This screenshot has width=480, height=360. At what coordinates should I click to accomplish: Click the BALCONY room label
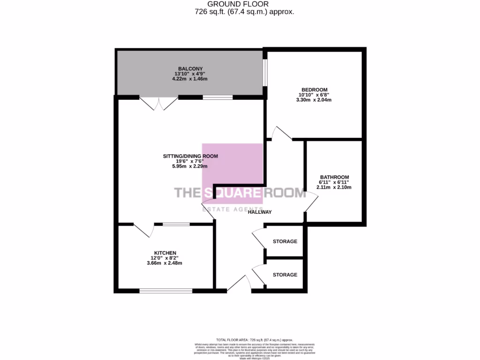coord(190,68)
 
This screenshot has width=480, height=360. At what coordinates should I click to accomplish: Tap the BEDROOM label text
coord(315,90)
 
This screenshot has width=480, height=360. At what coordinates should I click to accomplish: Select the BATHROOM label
coord(335,177)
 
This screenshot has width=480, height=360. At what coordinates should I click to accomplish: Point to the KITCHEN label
coord(166,253)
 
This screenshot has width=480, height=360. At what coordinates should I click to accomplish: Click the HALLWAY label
coord(260,212)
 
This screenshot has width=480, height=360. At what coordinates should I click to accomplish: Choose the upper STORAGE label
coord(285,241)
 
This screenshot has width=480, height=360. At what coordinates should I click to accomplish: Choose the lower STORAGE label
coord(285,275)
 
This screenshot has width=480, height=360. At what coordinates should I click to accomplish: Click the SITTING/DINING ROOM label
coord(190,156)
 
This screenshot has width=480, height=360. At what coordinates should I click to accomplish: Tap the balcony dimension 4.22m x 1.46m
coord(190,79)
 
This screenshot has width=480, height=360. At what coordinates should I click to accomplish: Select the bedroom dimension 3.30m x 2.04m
coord(315,100)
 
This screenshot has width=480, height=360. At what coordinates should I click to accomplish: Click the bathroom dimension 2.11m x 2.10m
coord(335,187)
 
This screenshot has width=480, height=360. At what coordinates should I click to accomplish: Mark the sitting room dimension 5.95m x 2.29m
coord(190,166)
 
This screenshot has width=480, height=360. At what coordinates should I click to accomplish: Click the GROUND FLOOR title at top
coord(245,4)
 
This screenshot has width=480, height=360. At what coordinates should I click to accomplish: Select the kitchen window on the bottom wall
coord(166,291)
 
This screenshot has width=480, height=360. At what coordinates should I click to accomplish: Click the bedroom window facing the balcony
coord(265,73)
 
